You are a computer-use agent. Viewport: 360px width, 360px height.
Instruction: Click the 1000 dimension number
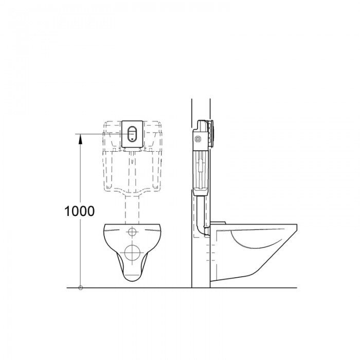click(x=80, y=211)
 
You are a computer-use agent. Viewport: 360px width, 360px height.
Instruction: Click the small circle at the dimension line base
click(x=80, y=287)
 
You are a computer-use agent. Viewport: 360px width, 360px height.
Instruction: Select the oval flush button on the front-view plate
click(x=133, y=133)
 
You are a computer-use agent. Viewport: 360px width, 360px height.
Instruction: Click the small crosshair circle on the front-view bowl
click(x=133, y=231)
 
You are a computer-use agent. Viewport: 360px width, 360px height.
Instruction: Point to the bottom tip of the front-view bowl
click(x=133, y=281)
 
